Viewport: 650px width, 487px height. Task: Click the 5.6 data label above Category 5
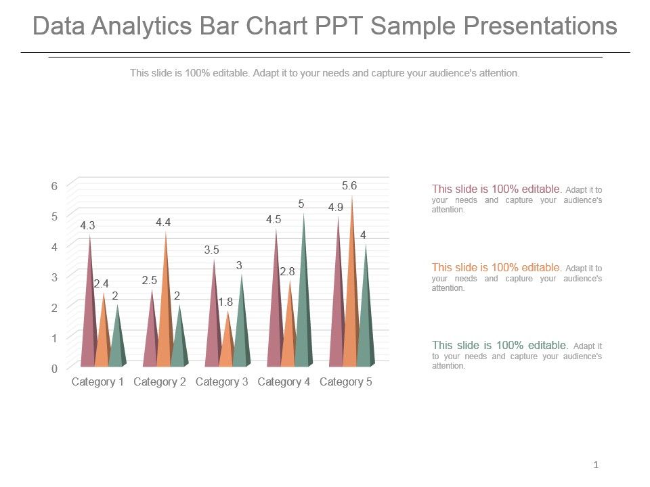(349, 185)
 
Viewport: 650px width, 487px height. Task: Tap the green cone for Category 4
(304, 304)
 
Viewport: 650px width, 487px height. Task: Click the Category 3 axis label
(221, 382)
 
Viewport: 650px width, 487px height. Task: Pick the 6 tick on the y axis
(54, 186)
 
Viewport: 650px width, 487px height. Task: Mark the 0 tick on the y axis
(54, 369)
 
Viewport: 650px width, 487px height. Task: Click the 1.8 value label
(225, 302)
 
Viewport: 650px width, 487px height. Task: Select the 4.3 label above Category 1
(87, 226)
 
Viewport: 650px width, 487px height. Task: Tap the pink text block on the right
(517, 199)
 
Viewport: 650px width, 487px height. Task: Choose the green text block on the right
(517, 355)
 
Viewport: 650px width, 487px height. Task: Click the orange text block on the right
(517, 277)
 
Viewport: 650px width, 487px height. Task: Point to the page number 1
(596, 465)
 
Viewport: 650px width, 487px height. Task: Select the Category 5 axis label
(345, 382)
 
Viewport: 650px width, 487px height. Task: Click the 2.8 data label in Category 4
(287, 271)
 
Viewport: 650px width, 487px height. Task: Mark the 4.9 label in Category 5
(336, 208)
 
